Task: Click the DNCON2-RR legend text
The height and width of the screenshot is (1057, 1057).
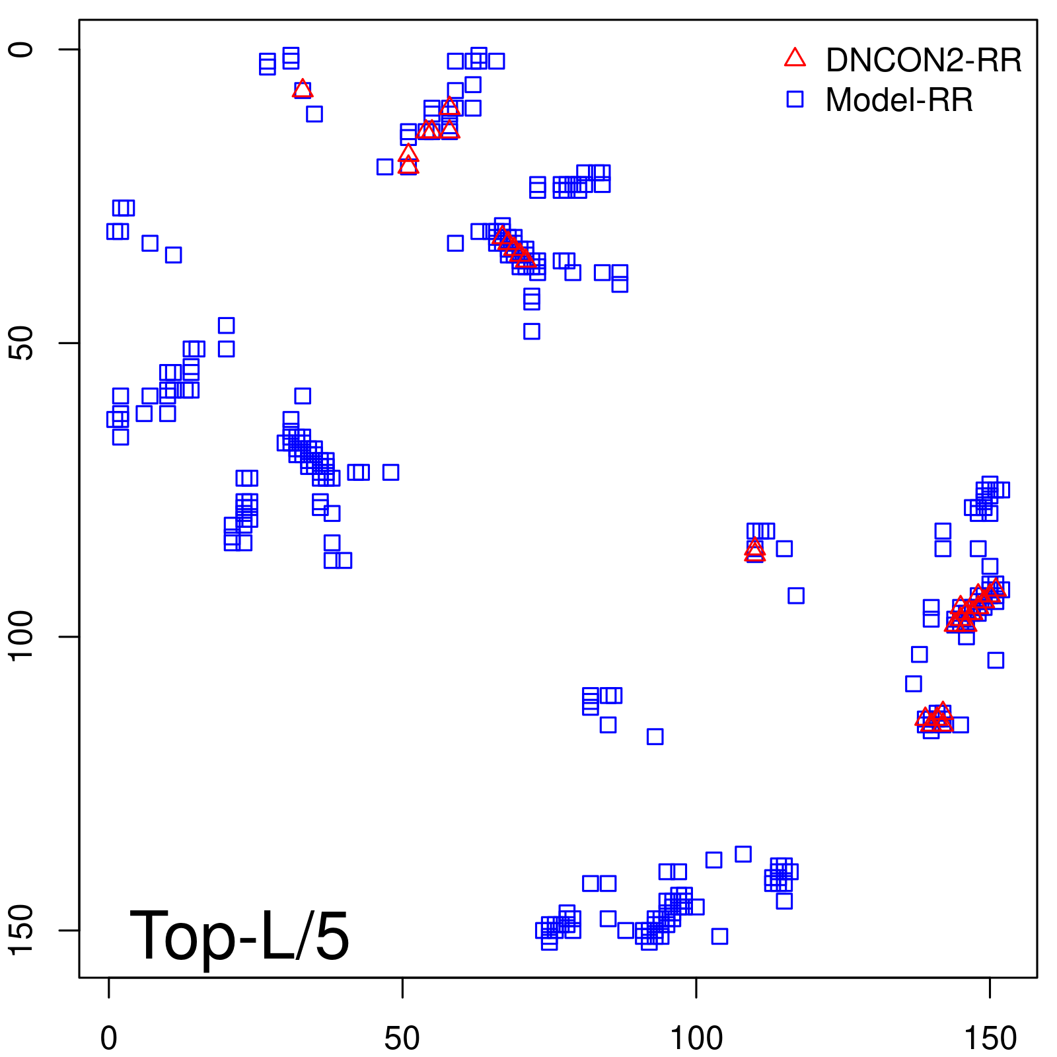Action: [923, 60]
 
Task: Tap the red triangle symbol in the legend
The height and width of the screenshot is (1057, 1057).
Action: [795, 58]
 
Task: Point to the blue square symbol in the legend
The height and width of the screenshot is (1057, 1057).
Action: [795, 99]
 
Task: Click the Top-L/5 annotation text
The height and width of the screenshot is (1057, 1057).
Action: [239, 935]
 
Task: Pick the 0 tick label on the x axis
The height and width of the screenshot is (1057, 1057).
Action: [109, 1039]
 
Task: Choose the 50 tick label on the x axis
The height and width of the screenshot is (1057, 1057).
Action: [402, 1039]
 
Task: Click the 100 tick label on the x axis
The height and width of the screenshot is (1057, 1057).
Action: [696, 1039]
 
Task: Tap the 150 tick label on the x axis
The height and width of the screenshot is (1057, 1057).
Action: [990, 1039]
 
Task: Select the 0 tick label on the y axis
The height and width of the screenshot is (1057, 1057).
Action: [21, 50]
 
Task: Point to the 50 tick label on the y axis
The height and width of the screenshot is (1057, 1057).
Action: [21, 343]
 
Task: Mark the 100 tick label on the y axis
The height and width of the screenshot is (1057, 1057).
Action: [21, 636]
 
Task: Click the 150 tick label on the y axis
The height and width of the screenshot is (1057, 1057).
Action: [21, 930]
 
